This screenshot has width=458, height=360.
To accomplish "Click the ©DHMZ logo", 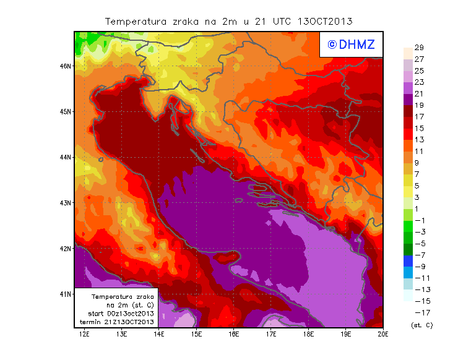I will click(351, 45).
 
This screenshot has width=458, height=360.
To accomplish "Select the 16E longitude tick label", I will click(233, 335).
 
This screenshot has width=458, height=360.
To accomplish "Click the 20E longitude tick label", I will click(383, 335).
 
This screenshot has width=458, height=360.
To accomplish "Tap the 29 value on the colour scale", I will click(418, 48).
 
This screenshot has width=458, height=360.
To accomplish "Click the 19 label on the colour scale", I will click(418, 105).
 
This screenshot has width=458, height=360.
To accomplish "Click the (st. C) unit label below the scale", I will click(421, 325).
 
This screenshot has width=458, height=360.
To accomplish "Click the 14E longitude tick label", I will click(159, 335).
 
